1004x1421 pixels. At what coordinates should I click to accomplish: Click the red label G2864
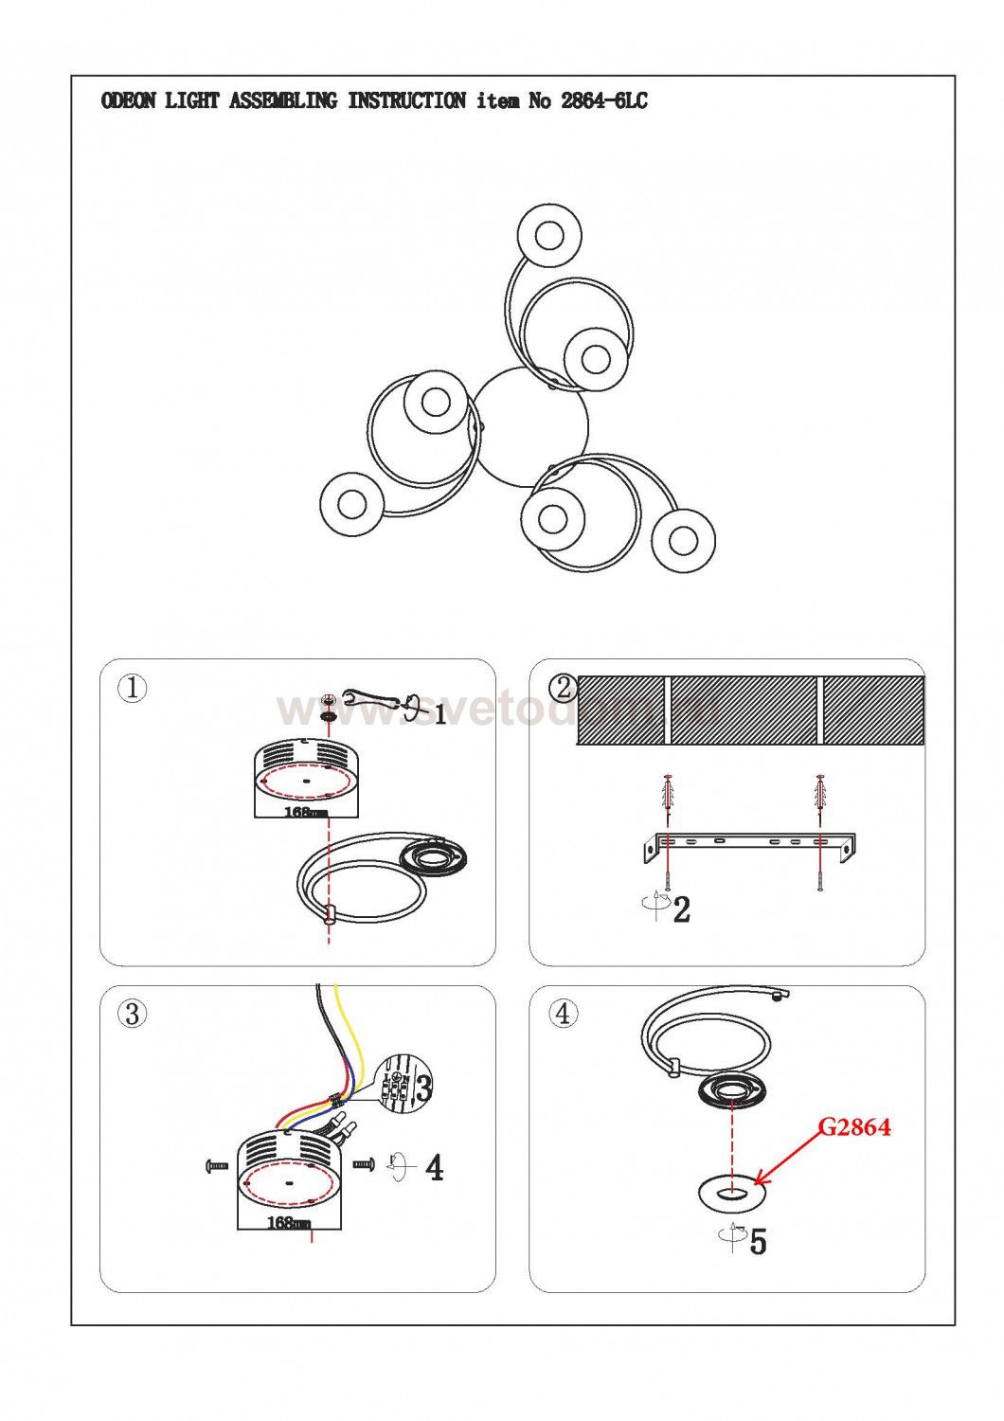coord(853,1127)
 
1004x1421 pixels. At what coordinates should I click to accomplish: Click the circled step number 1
coord(133,688)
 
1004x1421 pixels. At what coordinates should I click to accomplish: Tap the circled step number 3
coord(133,1015)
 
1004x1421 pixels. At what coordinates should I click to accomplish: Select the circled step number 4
coord(563,1015)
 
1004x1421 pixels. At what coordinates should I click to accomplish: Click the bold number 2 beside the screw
coord(681,909)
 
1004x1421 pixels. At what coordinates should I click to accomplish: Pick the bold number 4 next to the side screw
coord(434,1168)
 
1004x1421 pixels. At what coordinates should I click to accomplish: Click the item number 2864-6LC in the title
coord(603,101)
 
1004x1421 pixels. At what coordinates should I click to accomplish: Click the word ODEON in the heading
coord(128,101)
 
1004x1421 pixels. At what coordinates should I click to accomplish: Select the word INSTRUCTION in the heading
coord(406,101)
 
